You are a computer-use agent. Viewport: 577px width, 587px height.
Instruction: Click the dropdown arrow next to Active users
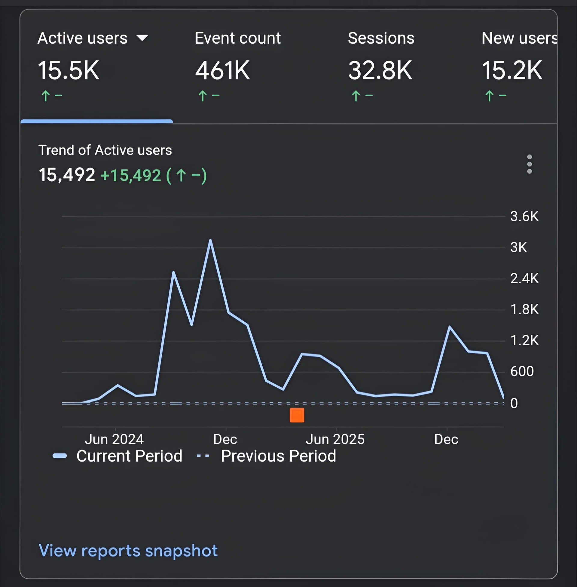click(142, 38)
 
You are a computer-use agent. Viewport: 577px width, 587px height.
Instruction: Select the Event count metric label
click(238, 38)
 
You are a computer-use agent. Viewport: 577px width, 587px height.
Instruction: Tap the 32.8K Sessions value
click(380, 70)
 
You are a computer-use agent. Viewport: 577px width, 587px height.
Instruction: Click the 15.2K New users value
click(512, 70)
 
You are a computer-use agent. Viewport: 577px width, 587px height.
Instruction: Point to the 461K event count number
click(222, 70)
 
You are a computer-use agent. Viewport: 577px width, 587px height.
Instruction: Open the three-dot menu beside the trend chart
click(530, 164)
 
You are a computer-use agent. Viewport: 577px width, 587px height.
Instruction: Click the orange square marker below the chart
click(297, 415)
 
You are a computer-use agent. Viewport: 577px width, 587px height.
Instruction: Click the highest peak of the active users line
click(210, 240)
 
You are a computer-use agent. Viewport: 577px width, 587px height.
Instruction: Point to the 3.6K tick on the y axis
click(524, 217)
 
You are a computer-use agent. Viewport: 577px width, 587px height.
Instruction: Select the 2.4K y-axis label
click(524, 278)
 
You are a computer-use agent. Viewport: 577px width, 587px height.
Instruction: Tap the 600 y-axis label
click(521, 371)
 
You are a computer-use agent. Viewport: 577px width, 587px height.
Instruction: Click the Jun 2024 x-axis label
click(114, 439)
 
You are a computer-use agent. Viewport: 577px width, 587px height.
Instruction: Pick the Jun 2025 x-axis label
click(335, 439)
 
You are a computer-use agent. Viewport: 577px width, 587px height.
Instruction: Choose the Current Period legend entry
click(129, 456)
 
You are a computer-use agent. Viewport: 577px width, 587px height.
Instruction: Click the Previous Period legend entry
click(278, 456)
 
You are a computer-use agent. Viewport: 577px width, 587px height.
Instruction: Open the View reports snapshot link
click(128, 550)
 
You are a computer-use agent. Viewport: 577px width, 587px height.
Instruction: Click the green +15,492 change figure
click(131, 176)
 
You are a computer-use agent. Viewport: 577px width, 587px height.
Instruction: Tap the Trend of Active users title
click(105, 150)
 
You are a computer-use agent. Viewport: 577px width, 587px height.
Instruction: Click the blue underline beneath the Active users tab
click(97, 121)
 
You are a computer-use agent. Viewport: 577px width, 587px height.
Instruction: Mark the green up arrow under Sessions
click(356, 96)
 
